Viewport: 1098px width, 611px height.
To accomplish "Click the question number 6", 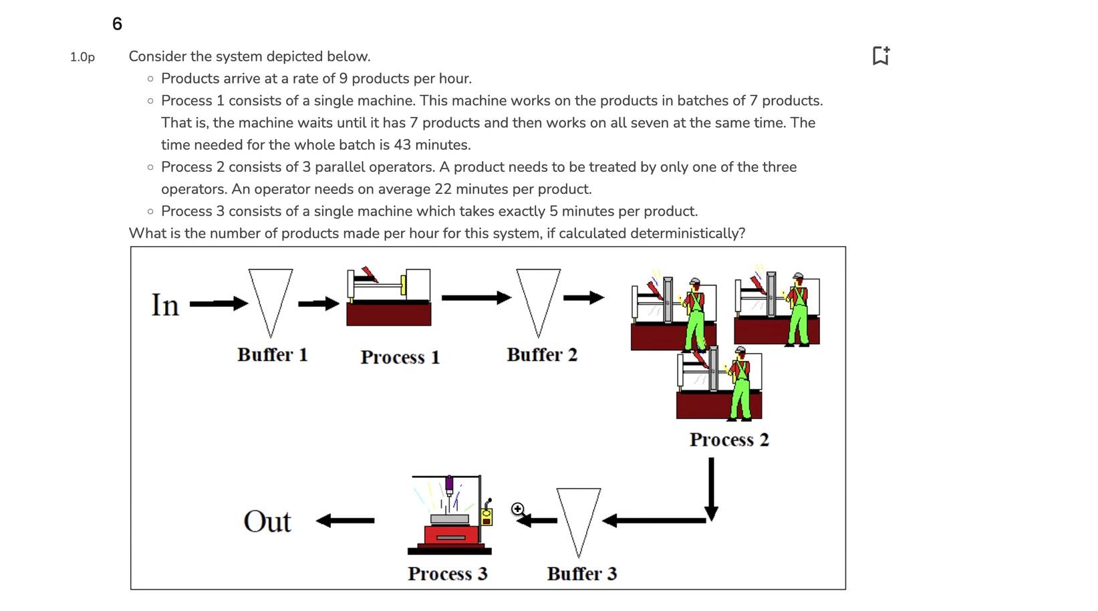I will (x=117, y=24).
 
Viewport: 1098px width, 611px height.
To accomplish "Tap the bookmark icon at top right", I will (x=881, y=55).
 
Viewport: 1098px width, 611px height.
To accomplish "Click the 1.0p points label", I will (x=82, y=57).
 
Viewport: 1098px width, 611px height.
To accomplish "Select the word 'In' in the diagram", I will (x=165, y=305).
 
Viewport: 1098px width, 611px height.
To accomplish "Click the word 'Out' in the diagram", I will (x=267, y=521).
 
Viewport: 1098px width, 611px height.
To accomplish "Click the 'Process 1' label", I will (x=400, y=357).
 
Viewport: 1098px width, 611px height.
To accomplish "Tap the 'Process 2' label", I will (x=729, y=440).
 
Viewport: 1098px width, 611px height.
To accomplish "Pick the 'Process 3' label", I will (x=447, y=574).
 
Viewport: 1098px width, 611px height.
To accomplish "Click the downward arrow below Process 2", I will (x=711, y=488).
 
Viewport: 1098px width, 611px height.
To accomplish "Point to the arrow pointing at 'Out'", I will (x=345, y=520).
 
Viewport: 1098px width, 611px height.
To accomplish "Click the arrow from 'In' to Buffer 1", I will (x=218, y=303).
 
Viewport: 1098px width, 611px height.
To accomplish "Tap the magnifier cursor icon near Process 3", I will (x=517, y=509).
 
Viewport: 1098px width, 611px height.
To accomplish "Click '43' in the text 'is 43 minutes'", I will (x=402, y=145).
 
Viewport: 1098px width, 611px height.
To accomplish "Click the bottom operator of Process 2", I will (x=740, y=384).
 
